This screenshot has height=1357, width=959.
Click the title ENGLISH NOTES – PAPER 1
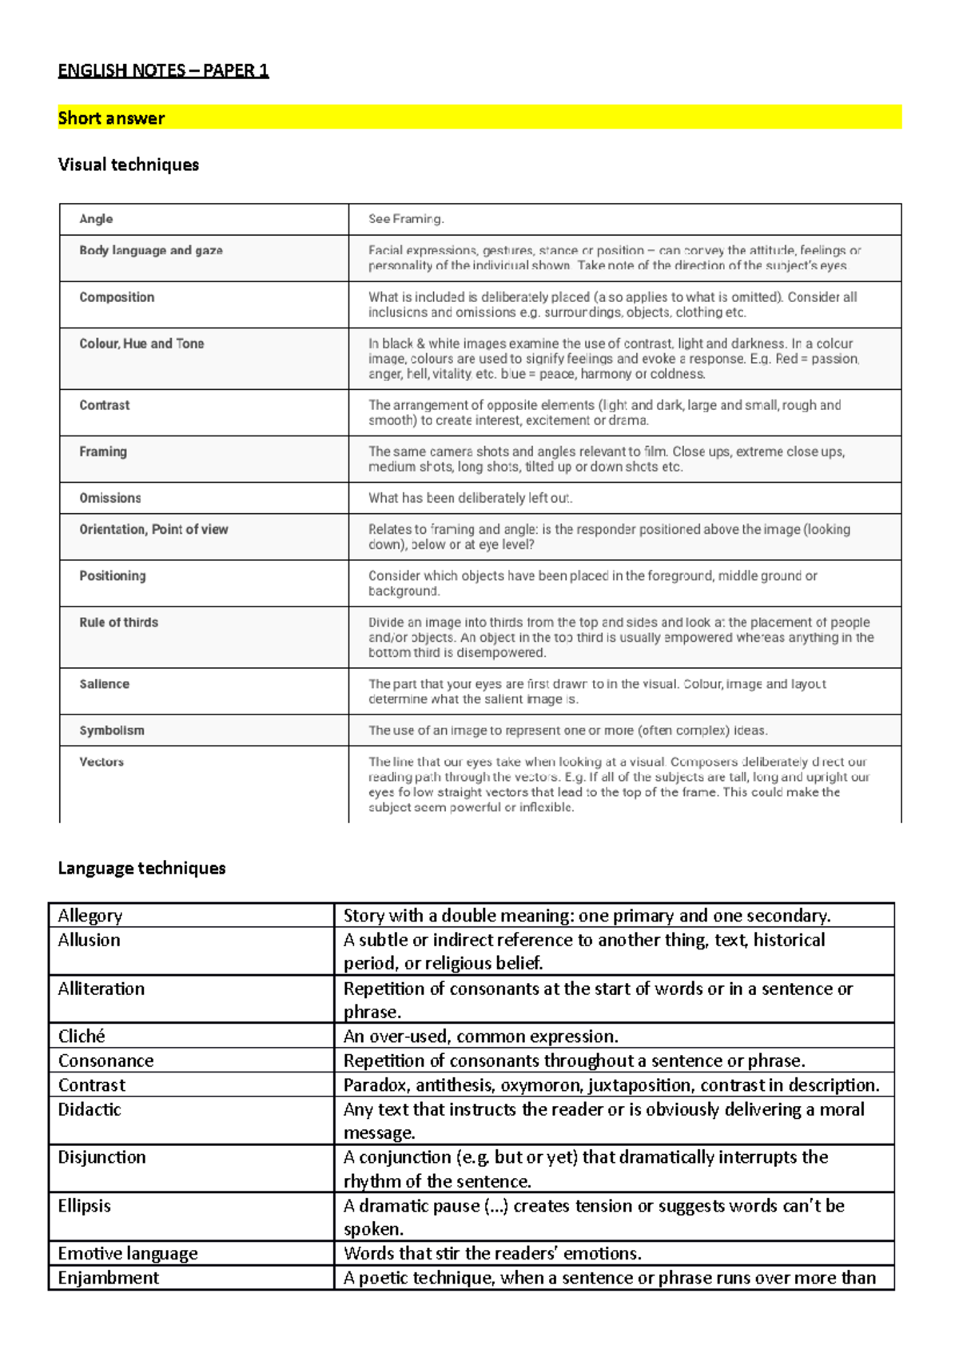(163, 70)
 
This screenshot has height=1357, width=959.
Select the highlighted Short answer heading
(111, 118)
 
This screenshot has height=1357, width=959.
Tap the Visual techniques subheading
(129, 165)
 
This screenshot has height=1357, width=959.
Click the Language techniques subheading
(141, 868)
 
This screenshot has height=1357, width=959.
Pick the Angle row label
(96, 219)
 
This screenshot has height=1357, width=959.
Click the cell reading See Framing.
(406, 219)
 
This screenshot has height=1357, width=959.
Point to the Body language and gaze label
(150, 250)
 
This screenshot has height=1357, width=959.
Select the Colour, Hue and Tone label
(141, 344)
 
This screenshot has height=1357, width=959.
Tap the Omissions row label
(109, 498)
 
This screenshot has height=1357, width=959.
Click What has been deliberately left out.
(470, 498)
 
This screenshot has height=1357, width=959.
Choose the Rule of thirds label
(118, 623)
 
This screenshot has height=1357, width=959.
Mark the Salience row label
(104, 684)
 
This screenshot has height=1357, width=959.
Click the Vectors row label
(101, 762)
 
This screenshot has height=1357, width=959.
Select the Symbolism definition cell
(567, 730)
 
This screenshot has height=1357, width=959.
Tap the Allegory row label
(90, 916)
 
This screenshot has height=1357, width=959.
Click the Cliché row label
(82, 1037)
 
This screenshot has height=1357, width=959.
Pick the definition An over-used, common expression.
(480, 1037)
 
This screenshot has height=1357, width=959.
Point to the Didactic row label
(90, 1109)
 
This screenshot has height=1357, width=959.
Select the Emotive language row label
(128, 1253)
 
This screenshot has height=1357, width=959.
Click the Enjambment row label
(109, 1278)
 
